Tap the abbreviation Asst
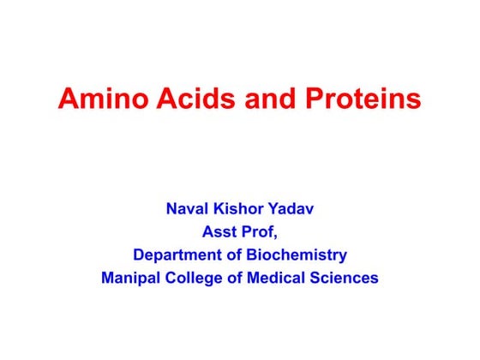pyautogui.click(x=219, y=231)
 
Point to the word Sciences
pyautogui.click(x=346, y=279)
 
